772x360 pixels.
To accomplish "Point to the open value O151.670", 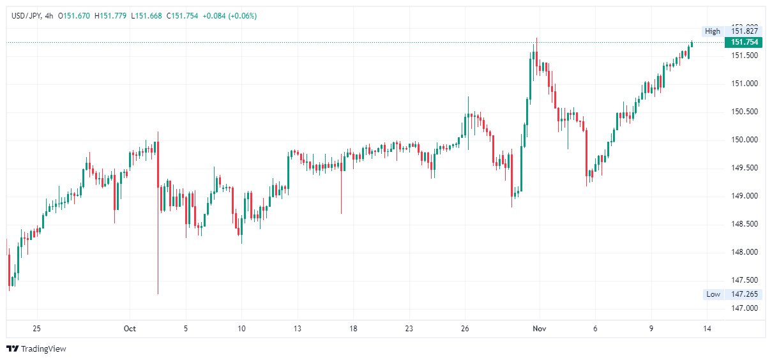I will coord(75,16).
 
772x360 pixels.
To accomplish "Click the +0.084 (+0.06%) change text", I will coord(229,16).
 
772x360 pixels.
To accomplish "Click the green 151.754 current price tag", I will coord(744,42).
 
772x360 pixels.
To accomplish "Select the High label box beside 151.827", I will coord(712,31).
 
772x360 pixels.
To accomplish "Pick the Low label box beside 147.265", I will coord(713,294).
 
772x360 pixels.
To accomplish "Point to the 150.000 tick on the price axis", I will coord(745,140).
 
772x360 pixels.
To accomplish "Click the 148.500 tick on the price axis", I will coord(745,224).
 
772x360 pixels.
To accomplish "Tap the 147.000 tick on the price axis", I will coord(745,308).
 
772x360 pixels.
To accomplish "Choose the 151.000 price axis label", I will coord(745,84).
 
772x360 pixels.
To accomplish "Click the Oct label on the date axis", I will coord(130,329).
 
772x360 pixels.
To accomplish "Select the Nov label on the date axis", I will coord(539,329).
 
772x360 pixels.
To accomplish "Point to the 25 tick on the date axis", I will coord(36,329).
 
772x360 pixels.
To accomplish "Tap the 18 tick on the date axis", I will coord(353,329).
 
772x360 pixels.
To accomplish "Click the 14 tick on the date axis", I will coord(707,329).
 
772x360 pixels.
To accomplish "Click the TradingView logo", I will coord(36,349).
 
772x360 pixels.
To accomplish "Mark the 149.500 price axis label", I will coord(745,168).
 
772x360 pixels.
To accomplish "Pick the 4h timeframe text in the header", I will coord(49,16).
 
